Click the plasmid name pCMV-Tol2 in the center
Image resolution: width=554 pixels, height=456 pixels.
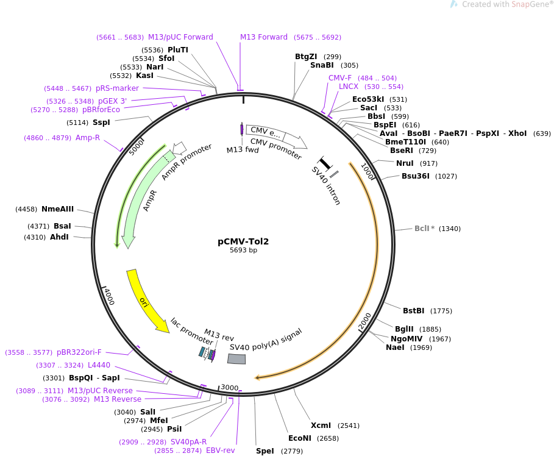(243, 241)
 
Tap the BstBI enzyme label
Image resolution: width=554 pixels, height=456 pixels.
(414, 311)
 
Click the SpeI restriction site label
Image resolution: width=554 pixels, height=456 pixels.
(265, 451)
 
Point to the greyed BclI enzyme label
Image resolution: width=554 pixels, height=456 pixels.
(424, 229)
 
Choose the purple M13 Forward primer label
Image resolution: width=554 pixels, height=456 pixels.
(263, 37)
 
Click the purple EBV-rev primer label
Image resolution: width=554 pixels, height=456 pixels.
(220, 451)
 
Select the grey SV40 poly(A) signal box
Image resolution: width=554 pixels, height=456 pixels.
(236, 359)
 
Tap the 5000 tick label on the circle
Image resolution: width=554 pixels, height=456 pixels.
(137, 147)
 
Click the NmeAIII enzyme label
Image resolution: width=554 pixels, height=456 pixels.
(57, 209)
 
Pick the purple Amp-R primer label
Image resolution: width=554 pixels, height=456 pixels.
(88, 138)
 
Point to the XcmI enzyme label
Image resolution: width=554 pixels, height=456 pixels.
(321, 426)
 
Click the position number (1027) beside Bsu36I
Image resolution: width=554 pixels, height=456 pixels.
(446, 176)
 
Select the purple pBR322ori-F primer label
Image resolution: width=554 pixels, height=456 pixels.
(79, 352)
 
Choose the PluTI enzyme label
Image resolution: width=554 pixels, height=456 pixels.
(178, 50)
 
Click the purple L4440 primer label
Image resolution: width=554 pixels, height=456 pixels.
(99, 365)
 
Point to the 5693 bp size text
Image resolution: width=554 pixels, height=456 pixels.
(243, 251)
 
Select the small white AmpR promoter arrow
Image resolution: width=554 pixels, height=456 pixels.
(179, 148)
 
